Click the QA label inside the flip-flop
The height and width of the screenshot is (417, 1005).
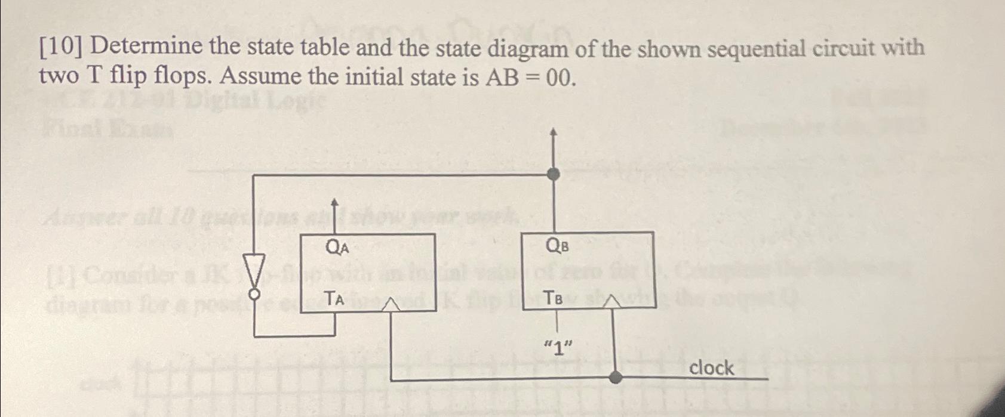coord(336,246)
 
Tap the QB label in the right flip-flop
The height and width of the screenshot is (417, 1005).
coord(557,246)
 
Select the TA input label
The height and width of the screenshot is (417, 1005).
coord(334,298)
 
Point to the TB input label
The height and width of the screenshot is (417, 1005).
coord(553,298)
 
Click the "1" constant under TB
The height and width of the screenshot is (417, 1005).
coord(558,347)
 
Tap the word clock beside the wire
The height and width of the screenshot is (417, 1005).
coord(711,367)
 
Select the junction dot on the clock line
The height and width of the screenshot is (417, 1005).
coord(616,377)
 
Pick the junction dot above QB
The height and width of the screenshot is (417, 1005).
coord(554,174)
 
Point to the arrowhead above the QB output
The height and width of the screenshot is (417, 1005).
coord(554,132)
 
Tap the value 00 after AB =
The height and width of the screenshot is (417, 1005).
coord(561,78)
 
